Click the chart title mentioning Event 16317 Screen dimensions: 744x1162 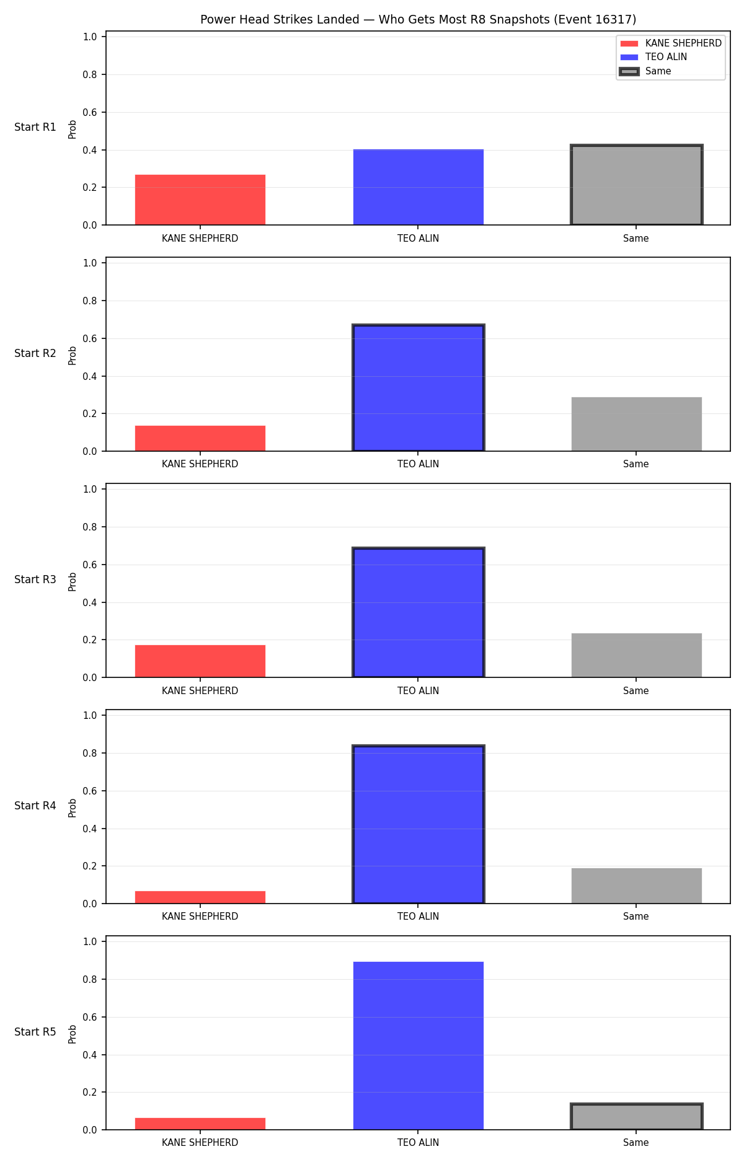pos(418,19)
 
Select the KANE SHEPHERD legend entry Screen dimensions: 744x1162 pos(671,43)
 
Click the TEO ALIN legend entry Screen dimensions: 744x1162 pos(653,57)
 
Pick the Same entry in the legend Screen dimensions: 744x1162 pos(645,71)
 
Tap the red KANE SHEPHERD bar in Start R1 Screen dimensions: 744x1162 pos(200,200)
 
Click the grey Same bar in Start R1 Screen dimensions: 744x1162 pos(637,185)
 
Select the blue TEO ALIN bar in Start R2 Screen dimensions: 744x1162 pos(418,388)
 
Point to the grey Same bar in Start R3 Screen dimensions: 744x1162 pos(637,655)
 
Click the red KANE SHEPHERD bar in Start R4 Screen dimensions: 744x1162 pos(200,897)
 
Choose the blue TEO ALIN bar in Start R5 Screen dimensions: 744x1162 pos(418,1045)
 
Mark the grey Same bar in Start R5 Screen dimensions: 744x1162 pos(637,1117)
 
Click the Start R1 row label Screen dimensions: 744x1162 pos(35,127)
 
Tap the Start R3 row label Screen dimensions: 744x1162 pos(35,579)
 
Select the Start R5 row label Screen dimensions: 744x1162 pos(35,1032)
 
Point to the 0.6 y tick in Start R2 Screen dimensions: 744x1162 pos(90,338)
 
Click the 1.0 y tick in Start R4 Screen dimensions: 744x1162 pos(90,715)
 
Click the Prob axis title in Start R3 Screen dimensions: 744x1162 pos(73,581)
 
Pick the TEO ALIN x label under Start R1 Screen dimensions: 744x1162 pos(418,239)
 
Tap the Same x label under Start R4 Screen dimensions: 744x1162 pos(636,917)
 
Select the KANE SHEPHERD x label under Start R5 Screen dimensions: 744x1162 pos(200,1143)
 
